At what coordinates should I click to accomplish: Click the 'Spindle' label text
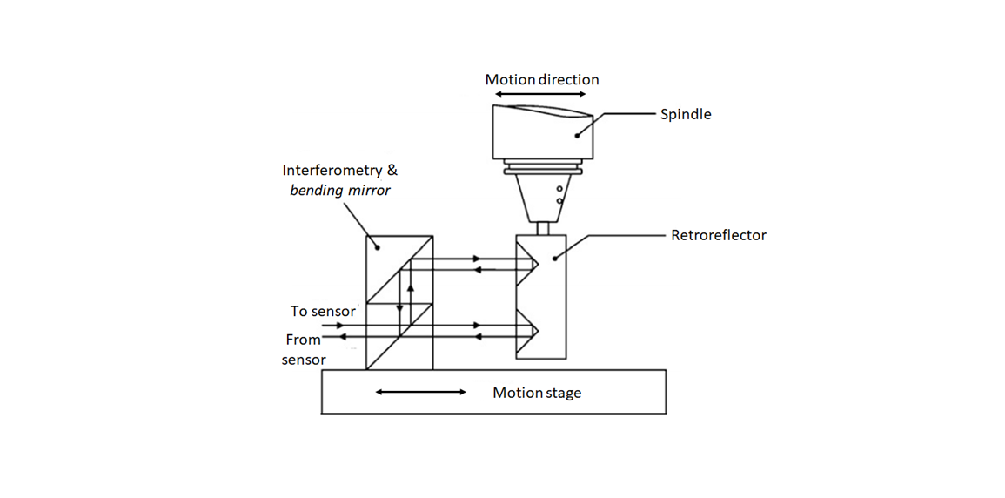pyautogui.click(x=686, y=114)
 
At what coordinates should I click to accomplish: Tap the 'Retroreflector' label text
pyautogui.click(x=718, y=235)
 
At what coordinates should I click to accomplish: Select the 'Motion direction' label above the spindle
pyautogui.click(x=542, y=79)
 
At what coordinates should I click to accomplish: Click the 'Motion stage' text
pyautogui.click(x=537, y=393)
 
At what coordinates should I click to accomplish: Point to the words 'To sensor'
pyautogui.click(x=323, y=311)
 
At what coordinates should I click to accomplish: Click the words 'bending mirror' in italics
pyautogui.click(x=340, y=190)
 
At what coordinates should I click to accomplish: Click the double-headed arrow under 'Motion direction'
pyautogui.click(x=542, y=94)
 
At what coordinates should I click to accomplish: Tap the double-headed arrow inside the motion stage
pyautogui.click(x=421, y=393)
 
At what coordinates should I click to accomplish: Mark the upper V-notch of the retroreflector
pyautogui.click(x=528, y=262)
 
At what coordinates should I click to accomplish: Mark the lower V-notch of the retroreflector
pyautogui.click(x=528, y=331)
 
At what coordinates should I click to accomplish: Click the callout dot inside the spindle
pyautogui.click(x=576, y=135)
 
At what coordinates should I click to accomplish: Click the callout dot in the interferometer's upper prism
pyautogui.click(x=379, y=246)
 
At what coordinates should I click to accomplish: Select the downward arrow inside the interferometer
pyautogui.click(x=399, y=307)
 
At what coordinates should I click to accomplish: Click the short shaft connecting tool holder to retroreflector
pyautogui.click(x=542, y=228)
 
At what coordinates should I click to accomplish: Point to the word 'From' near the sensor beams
pyautogui.click(x=303, y=340)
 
